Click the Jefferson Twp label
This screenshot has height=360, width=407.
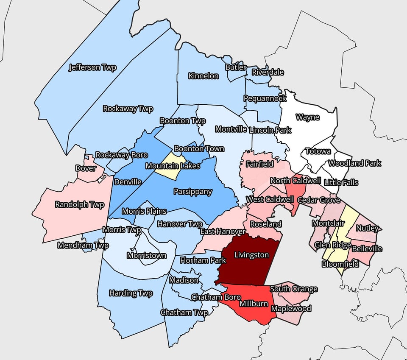tap(92, 67)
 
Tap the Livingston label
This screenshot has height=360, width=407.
tap(252, 255)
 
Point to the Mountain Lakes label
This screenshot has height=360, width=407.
tap(173, 166)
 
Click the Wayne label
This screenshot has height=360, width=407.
tap(307, 117)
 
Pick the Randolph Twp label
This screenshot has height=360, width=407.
tap(80, 205)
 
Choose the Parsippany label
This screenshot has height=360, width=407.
tap(193, 192)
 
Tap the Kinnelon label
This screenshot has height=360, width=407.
tap(203, 76)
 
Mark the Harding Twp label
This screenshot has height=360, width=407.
tap(131, 293)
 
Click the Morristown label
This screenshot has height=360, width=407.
tap(147, 256)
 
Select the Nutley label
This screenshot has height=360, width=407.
tap(367, 228)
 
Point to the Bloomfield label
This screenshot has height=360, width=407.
tap(340, 264)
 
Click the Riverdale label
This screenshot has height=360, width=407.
tap(268, 72)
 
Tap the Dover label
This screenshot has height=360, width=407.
tap(86, 168)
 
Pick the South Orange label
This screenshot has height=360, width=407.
tap(294, 289)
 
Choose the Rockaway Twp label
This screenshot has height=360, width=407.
tap(128, 109)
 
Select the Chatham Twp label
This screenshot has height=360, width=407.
tap(184, 313)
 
